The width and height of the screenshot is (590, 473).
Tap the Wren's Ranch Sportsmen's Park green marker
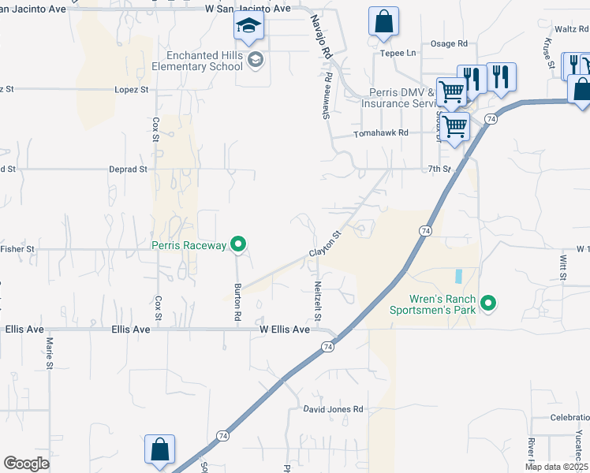(x=488, y=303)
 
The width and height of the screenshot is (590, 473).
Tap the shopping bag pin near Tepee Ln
(x=383, y=22)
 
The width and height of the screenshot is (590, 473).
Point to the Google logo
(x=26, y=464)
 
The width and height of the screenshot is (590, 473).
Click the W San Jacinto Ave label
(x=248, y=9)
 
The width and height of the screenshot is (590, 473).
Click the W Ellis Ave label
(x=280, y=330)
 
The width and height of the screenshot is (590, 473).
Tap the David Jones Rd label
(x=334, y=409)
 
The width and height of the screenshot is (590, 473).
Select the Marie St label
(x=49, y=353)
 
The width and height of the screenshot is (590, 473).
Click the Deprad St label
(x=128, y=169)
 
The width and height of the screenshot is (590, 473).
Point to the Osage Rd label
(x=449, y=44)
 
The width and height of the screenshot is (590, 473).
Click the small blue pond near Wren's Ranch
(x=457, y=277)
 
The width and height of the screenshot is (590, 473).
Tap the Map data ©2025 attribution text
(x=556, y=467)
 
